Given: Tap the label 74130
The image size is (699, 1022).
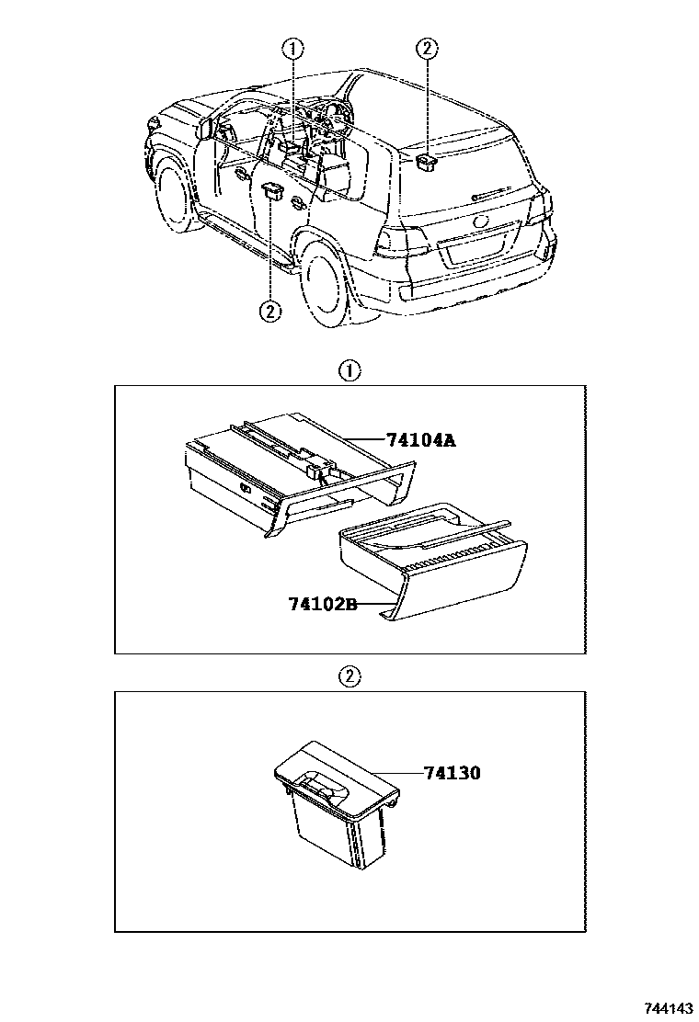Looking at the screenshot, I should (453, 773).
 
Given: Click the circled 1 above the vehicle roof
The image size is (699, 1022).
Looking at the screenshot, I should (292, 49).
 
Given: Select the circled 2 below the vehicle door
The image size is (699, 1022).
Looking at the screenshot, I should (269, 311).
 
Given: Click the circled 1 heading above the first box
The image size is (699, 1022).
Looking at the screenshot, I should (349, 371).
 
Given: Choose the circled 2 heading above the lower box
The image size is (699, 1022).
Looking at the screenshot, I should (349, 676).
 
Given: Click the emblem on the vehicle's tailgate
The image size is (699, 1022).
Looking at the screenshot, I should (480, 222).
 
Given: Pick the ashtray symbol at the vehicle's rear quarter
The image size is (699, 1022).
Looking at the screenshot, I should (426, 163).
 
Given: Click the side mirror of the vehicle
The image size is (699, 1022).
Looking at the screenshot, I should (204, 129).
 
